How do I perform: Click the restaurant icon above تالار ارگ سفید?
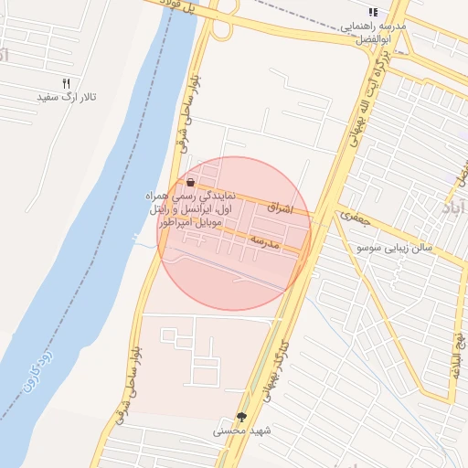pyautogui.click(x=66, y=84)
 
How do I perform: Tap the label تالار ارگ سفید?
pyautogui.click(x=66, y=97)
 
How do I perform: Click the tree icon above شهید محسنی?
pyautogui.click(x=241, y=417)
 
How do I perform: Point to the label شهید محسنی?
pyautogui.click(x=241, y=429)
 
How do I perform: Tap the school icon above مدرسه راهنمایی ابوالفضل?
pyautogui.click(x=372, y=12)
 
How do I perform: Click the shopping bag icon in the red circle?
pyautogui.click(x=190, y=183)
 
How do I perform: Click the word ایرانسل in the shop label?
pyautogui.click(x=203, y=209)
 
